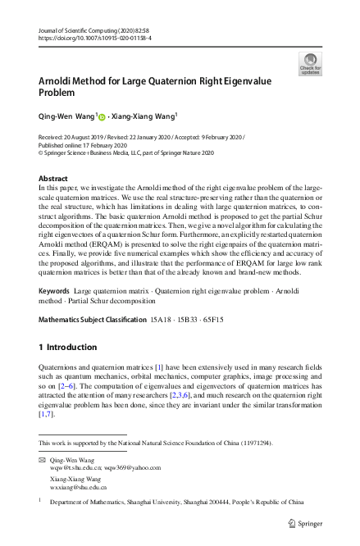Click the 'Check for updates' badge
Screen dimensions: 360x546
(x=311, y=63)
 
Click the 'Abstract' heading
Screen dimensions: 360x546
(x=53, y=178)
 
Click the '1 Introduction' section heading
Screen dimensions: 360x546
(x=72, y=347)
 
